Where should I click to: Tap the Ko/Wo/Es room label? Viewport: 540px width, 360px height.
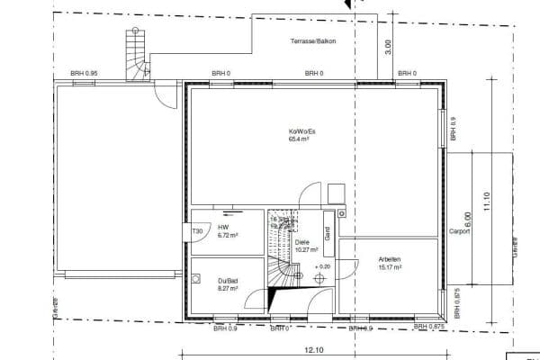click(301, 132)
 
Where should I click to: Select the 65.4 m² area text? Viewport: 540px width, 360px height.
click(300, 140)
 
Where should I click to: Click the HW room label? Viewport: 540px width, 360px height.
click(223, 227)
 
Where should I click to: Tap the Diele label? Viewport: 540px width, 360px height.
click(302, 243)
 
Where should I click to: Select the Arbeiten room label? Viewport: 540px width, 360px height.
click(389, 259)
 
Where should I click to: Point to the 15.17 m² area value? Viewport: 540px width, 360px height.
click(390, 266)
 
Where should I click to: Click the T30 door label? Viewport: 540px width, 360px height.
click(197, 232)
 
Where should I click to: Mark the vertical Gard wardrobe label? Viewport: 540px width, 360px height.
click(328, 233)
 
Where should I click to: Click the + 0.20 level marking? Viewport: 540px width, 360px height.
click(321, 267)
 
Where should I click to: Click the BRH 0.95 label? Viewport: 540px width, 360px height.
click(84, 74)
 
